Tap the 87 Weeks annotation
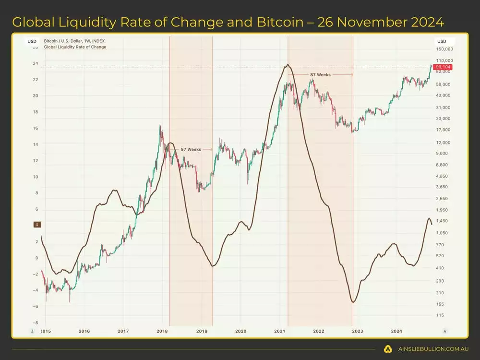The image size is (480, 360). [320, 74]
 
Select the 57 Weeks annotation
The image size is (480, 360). [191, 149]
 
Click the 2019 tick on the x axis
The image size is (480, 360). [202, 331]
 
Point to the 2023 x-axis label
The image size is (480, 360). [357, 331]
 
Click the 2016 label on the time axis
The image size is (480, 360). [84, 331]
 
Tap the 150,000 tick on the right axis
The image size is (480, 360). [444, 49]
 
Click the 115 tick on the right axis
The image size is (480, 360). [440, 315]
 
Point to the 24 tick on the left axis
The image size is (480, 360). [35, 63]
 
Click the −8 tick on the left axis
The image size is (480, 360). [35, 323]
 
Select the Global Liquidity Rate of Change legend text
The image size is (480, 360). [75, 47]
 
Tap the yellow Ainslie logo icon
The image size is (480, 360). [388, 349]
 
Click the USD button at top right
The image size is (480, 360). [442, 41]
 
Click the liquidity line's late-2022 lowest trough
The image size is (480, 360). [353, 302]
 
